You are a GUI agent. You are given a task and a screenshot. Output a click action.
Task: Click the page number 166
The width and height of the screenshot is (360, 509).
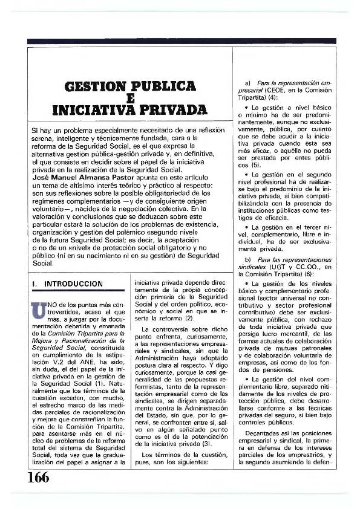coord(38,477)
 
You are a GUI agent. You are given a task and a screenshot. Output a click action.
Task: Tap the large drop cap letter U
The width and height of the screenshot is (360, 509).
coord(37,310)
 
